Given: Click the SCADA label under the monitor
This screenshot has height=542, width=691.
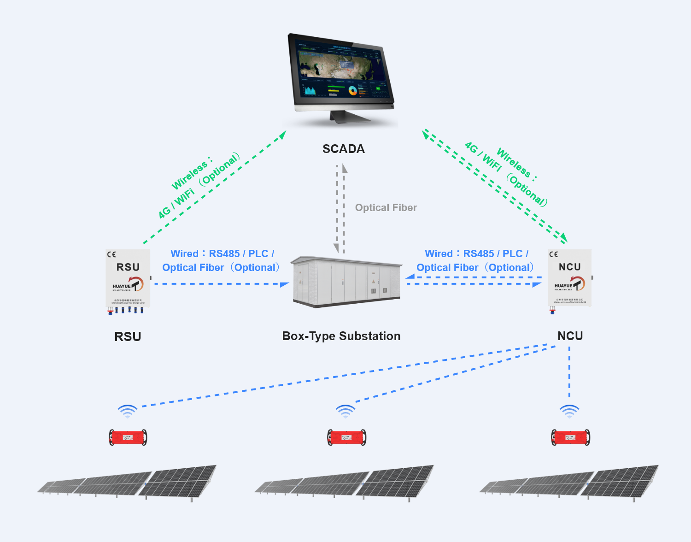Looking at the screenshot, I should coord(343,149).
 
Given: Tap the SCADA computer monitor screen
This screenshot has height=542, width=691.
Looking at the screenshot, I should coord(341,71).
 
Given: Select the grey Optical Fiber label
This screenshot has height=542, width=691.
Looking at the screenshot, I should coord(386,208).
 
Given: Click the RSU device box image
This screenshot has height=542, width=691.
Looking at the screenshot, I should coord(128,279).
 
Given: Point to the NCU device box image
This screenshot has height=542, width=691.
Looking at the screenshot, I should coord(569,278).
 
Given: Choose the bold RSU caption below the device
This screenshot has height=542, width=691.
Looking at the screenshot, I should coord(128,336).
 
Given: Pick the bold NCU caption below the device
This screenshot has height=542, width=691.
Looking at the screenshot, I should coord(570,336).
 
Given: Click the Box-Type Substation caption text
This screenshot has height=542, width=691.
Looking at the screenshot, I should coord(341,336).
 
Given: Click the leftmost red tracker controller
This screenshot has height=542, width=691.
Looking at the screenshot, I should coord(128,437).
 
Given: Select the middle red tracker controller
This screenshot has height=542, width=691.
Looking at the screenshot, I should coord(346,437).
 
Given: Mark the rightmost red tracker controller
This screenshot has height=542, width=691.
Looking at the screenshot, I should coord(570,437).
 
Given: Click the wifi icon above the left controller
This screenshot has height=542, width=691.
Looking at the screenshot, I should coord(128,411).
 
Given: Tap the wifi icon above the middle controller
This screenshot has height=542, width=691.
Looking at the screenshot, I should coord(345,411).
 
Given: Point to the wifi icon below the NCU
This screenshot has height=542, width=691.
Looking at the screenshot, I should coord(569,411).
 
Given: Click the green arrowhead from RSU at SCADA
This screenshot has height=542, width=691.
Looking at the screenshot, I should coord(282,134).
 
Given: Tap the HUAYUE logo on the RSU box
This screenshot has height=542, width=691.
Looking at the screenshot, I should coord(128,284).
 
